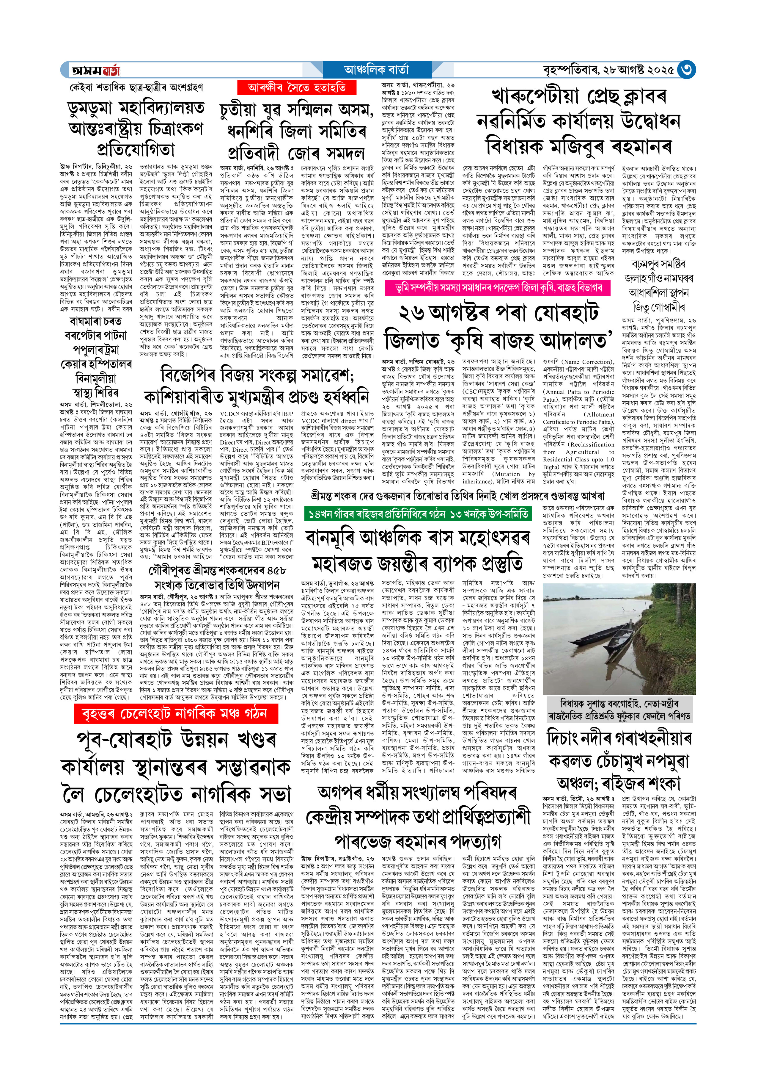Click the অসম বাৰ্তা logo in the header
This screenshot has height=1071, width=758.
tap(96, 70)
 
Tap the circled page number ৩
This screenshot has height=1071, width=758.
tap(686, 70)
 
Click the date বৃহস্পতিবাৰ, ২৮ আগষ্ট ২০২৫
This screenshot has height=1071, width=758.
tap(609, 70)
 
